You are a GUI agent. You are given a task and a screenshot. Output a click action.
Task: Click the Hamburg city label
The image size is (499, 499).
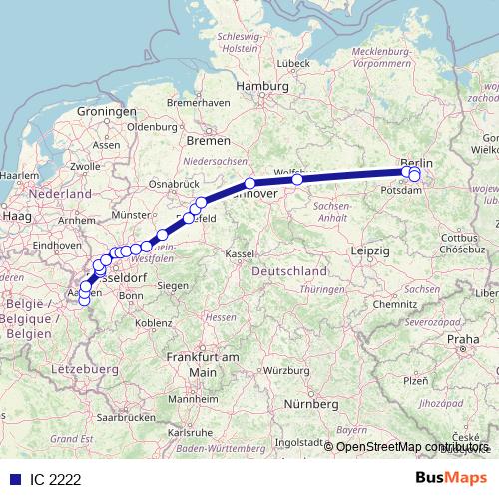pos(254,87)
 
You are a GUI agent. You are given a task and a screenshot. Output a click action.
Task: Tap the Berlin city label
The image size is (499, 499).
pos(416,162)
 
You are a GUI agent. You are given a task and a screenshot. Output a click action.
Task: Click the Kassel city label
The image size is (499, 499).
pos(240,254)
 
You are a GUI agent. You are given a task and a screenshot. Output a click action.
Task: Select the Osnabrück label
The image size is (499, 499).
pos(168,184)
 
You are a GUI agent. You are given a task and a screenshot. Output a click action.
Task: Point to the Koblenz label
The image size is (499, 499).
pos(154,322)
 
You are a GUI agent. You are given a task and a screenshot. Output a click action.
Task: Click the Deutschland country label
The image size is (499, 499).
pos(289,271)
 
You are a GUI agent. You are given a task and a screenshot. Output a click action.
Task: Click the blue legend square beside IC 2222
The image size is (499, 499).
pos(13,480)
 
